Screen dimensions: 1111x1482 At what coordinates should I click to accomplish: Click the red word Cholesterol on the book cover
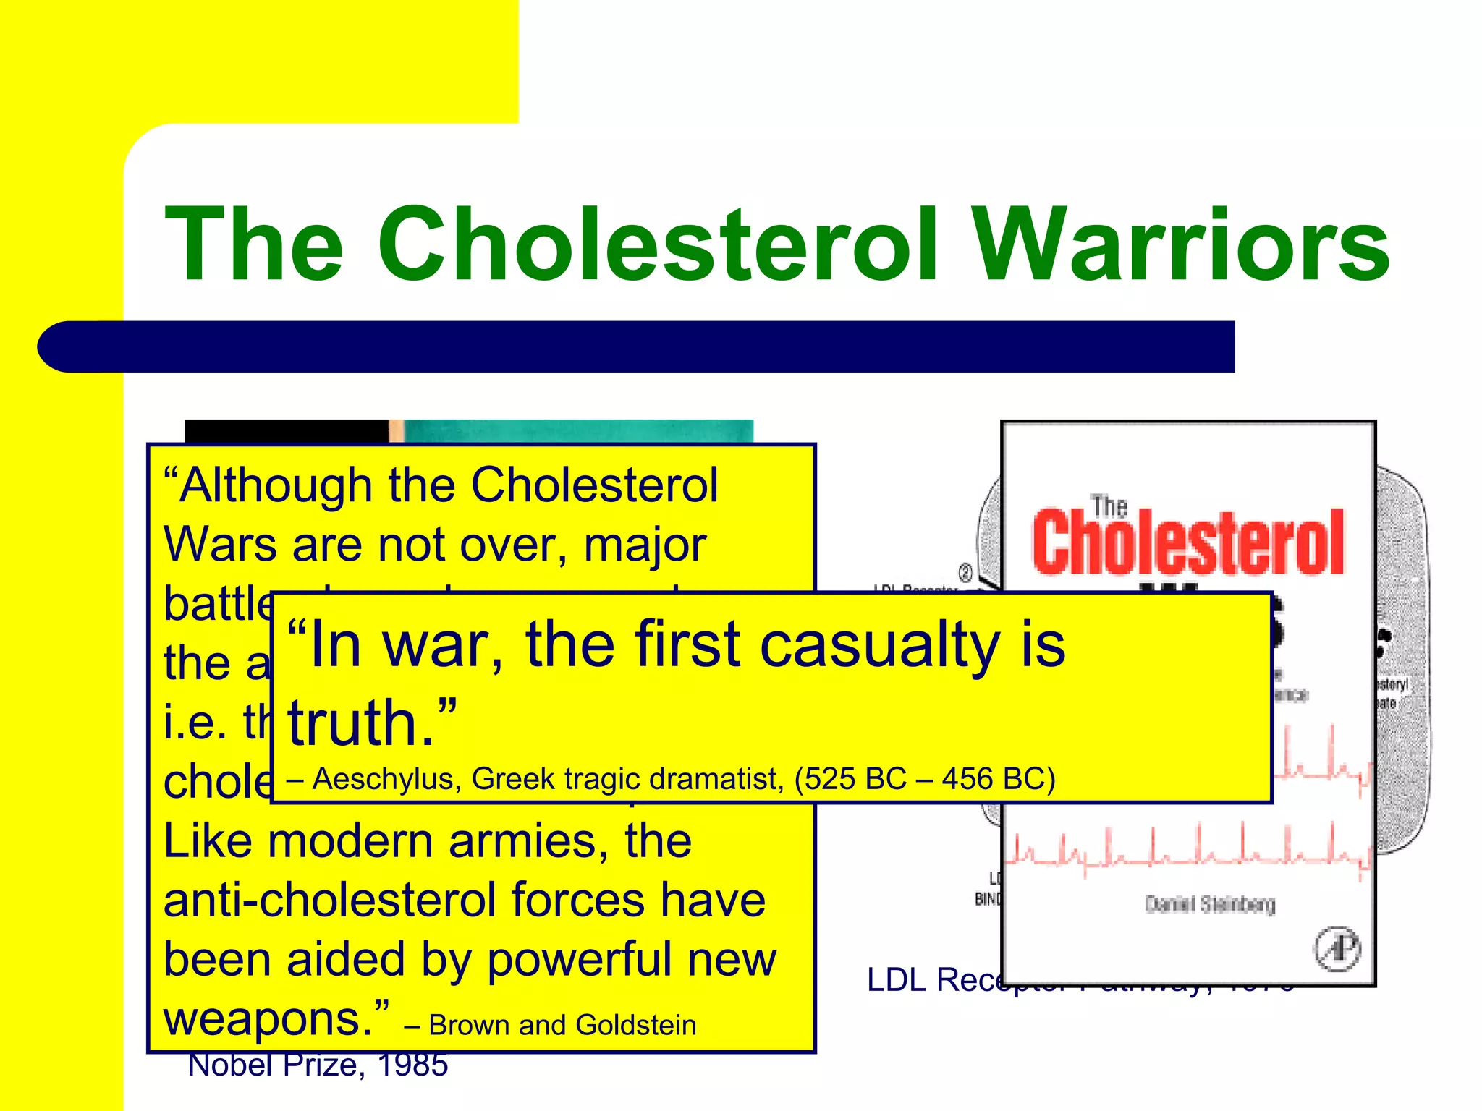pos(1187,542)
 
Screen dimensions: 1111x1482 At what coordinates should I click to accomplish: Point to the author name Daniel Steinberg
pos(1209,904)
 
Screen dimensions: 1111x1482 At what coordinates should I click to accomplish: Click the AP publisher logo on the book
pos(1337,948)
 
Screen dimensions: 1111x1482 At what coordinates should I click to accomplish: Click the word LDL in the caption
pos(896,981)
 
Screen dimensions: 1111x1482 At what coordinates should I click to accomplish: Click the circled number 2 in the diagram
pos(965,572)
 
